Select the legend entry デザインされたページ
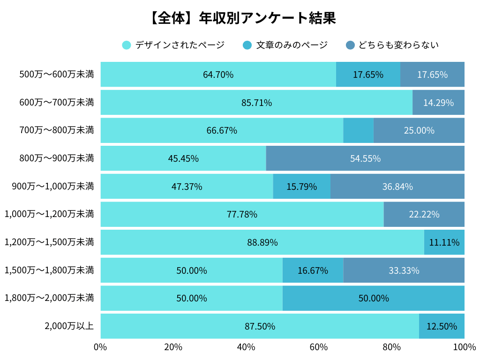click(173, 45)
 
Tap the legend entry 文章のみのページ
click(285, 45)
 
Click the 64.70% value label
click(218, 75)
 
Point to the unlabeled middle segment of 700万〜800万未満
click(358, 130)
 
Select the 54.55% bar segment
click(365, 158)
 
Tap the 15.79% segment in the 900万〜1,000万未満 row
click(301, 187)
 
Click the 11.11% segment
click(444, 242)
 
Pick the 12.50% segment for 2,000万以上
click(442, 326)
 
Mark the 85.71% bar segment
click(256, 103)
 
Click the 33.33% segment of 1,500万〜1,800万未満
click(404, 270)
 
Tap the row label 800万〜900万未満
click(57, 158)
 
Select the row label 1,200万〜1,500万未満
click(49, 242)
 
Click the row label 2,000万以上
click(69, 326)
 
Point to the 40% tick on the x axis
click(246, 347)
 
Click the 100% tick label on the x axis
click(464, 347)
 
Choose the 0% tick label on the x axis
click(100, 347)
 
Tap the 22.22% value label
click(424, 215)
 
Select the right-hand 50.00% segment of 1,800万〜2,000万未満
click(373, 299)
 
